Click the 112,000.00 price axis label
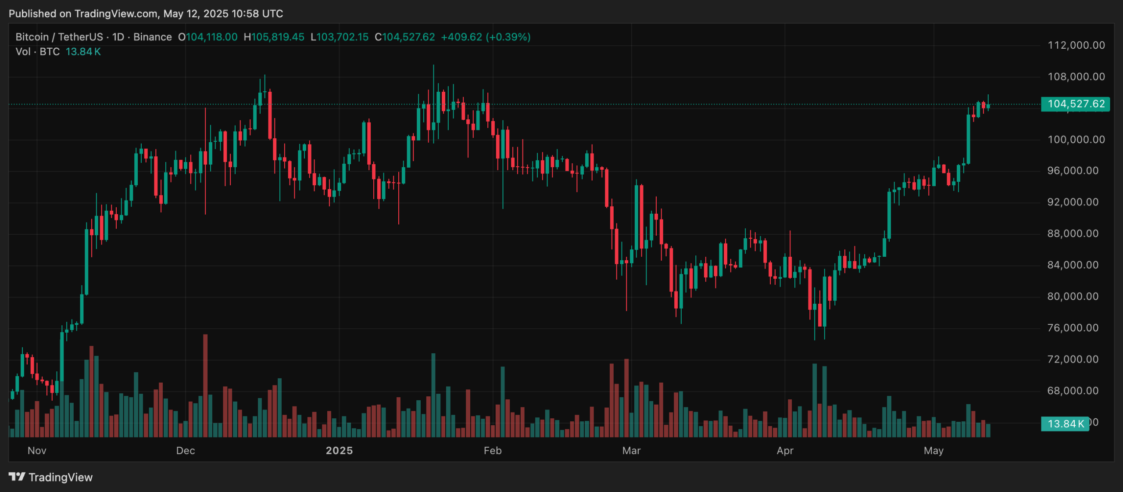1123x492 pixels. tap(1076, 45)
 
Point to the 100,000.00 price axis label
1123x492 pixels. tap(1076, 140)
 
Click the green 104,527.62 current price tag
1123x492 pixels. tap(1075, 104)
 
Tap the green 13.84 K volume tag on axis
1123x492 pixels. tap(1065, 424)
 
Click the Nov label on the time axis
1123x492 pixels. tap(37, 450)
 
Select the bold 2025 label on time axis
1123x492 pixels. tap(339, 450)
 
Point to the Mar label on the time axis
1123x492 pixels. tap(631, 450)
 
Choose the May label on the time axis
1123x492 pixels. tap(933, 450)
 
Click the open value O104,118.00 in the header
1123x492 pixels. tap(207, 37)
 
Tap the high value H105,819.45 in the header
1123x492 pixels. tap(274, 37)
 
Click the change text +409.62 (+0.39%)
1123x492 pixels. tap(486, 37)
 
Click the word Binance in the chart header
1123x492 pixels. tap(152, 37)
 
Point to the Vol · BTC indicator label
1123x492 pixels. tap(37, 52)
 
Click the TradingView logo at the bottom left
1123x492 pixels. tap(50, 477)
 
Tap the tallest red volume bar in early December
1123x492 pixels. tap(205, 386)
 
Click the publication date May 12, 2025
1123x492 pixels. tap(196, 14)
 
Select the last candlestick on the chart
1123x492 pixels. tap(988, 106)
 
